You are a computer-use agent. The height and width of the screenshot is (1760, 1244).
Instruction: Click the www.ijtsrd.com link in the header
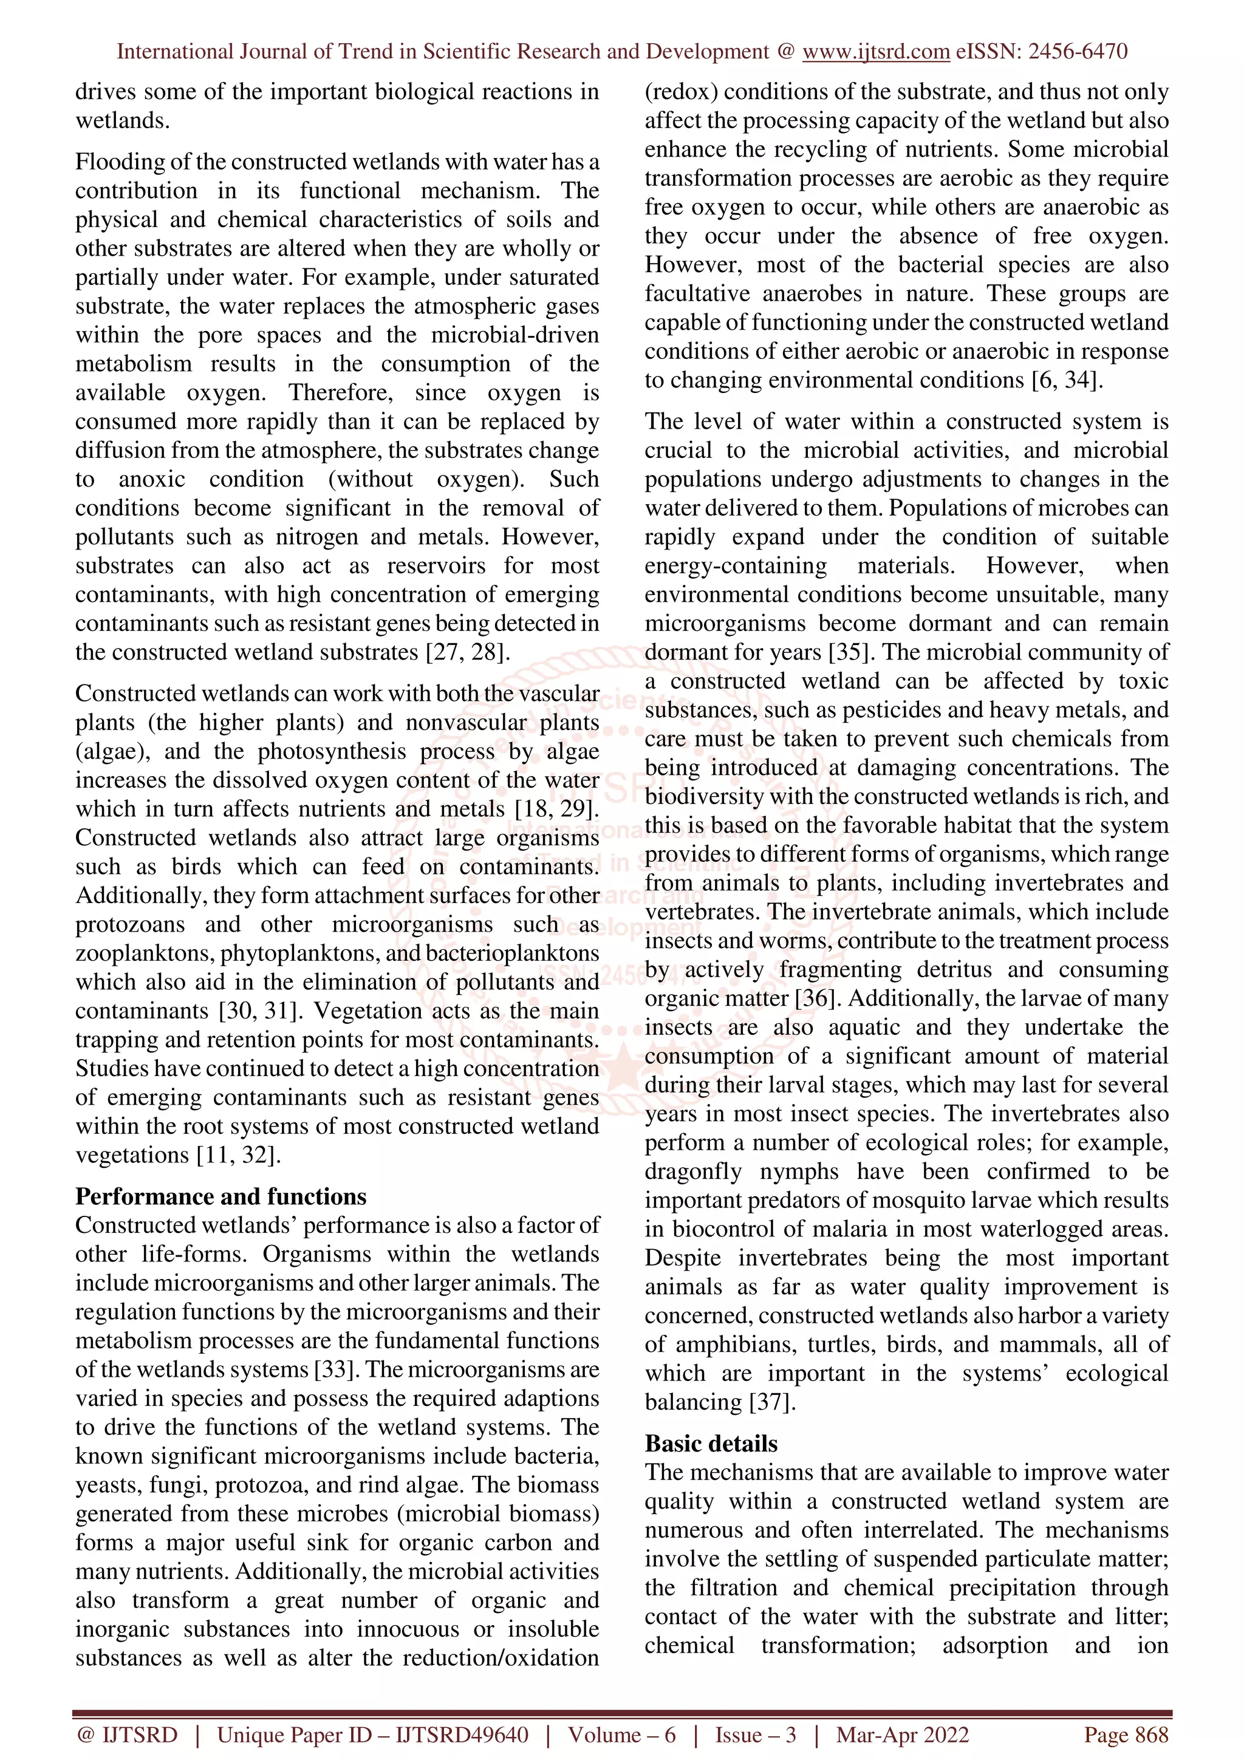click(876, 52)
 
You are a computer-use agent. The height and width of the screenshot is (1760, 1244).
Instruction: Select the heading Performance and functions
click(220, 1196)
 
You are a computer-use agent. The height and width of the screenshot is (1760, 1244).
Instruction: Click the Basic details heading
click(711, 1444)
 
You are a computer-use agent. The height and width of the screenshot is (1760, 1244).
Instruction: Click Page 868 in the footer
click(1125, 1734)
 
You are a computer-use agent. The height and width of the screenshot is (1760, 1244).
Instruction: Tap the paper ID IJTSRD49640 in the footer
click(462, 1734)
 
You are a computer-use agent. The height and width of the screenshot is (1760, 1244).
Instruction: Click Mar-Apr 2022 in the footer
click(902, 1734)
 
